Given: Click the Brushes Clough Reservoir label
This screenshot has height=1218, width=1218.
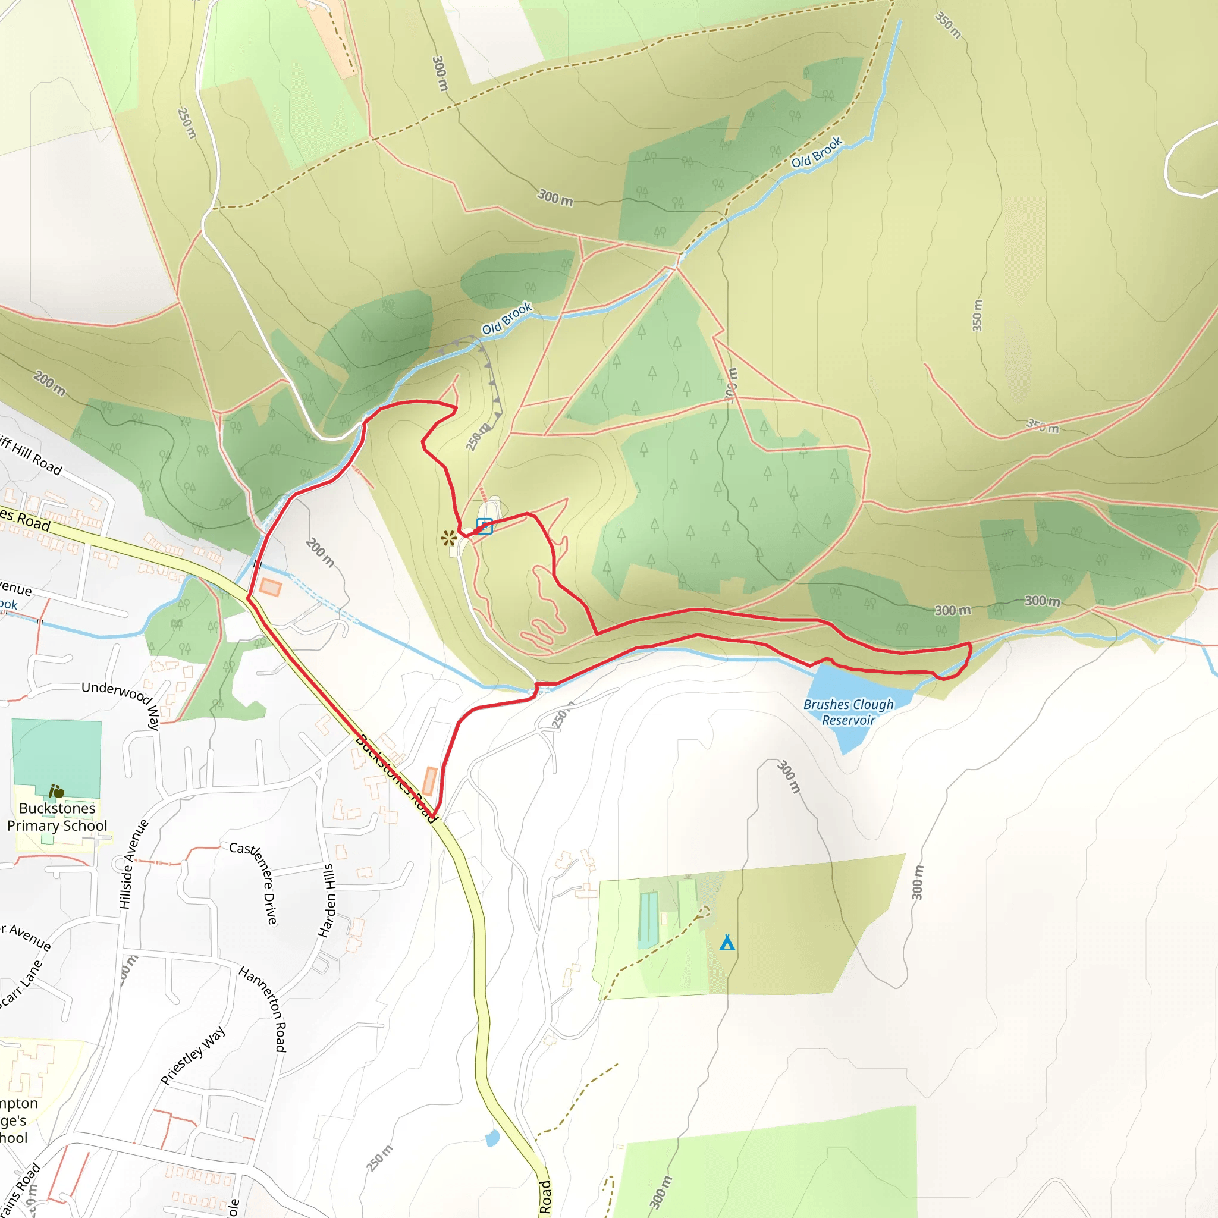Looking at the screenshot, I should point(848,712).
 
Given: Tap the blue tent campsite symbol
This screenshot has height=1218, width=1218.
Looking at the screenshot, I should point(727,943).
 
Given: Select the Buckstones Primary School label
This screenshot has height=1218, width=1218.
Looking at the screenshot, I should point(56,817).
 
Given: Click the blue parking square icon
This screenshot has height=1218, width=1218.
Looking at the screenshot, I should point(484,526).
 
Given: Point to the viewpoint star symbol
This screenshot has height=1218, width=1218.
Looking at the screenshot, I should point(448,538).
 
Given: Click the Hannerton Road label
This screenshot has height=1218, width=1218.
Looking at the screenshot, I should point(263,1009).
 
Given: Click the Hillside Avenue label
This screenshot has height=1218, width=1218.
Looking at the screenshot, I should point(133,864).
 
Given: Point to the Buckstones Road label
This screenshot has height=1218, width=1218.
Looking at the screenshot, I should point(396,778).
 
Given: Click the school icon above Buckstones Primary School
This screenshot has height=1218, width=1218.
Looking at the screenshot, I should point(56,790).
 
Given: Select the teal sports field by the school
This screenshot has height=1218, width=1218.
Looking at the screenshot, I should point(56,756).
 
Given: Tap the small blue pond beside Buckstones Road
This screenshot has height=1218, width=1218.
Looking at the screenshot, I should point(492,1137).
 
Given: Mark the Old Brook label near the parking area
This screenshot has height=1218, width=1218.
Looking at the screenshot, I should point(507,318).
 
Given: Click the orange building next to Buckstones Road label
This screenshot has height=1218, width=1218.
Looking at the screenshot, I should point(429,781).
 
